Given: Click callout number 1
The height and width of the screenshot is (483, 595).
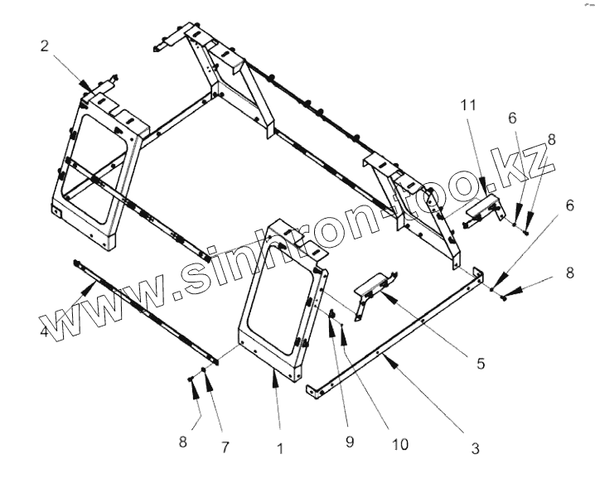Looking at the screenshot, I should [x=280, y=449].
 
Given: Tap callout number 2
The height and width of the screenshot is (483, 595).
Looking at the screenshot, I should [x=44, y=46].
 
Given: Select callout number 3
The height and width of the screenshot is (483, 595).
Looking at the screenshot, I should [x=475, y=448].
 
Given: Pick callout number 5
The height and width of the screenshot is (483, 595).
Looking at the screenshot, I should [x=480, y=362].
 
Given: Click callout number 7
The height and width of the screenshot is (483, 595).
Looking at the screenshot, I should [x=224, y=447].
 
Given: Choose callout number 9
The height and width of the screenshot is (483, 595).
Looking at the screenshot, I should [x=350, y=442].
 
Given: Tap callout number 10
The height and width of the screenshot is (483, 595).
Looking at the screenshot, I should [x=399, y=444].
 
